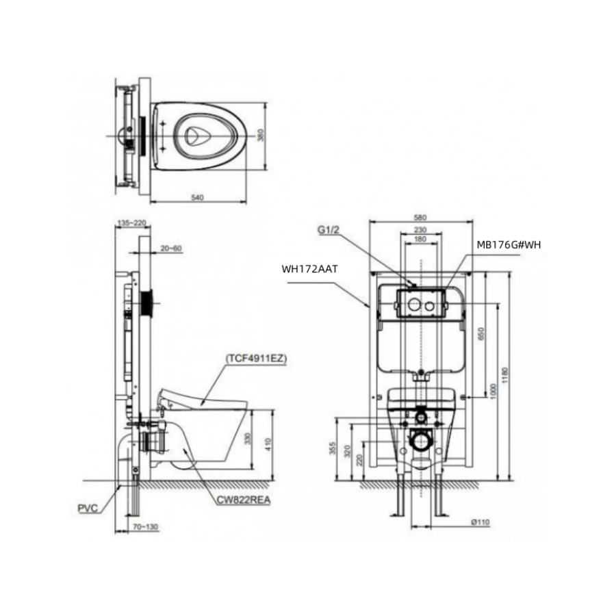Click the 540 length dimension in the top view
tap(197, 197)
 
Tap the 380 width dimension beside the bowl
tap(261, 135)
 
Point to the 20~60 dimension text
tap(171, 248)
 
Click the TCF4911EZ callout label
tap(256, 358)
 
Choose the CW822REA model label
tap(244, 500)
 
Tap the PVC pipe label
tap(88, 508)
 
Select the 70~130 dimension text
tap(145, 527)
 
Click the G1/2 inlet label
tap(329, 230)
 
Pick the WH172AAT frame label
tap(309, 269)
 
